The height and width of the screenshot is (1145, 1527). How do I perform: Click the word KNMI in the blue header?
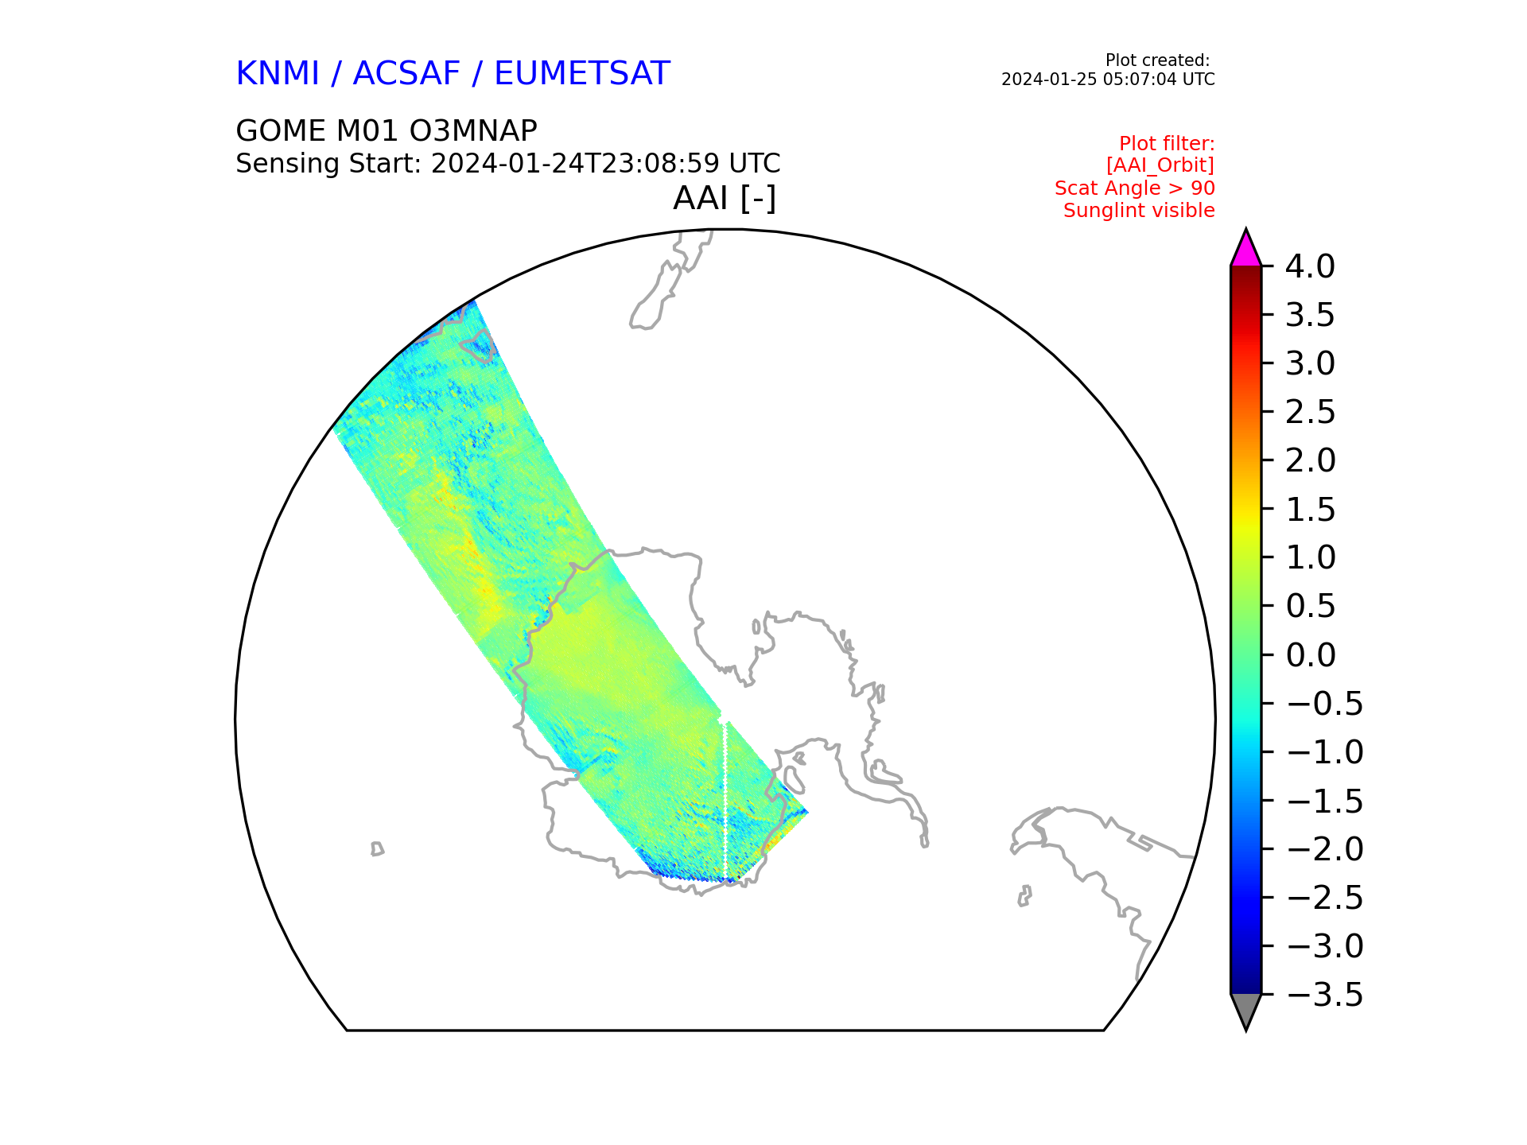point(278,74)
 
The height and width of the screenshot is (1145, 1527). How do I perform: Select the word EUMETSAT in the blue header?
point(582,74)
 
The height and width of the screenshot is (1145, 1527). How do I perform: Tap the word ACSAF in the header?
point(406,74)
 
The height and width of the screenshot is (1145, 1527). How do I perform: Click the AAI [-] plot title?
point(725,198)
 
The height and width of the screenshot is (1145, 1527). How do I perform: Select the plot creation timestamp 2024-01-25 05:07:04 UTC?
point(1108,80)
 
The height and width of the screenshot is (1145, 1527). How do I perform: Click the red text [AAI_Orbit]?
point(1160,165)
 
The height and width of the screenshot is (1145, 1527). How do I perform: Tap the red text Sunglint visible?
point(1139,211)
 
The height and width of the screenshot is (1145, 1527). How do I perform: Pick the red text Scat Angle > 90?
point(1135,188)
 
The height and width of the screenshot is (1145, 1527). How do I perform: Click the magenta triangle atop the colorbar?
point(1245,250)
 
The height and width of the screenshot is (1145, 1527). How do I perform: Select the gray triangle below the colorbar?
point(1245,1011)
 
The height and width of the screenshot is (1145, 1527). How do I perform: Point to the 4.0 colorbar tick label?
point(1311,266)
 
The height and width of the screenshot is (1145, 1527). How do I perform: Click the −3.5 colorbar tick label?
point(1324,995)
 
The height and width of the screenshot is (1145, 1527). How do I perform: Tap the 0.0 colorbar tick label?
point(1311,655)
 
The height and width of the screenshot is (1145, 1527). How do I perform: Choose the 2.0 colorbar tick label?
point(1311,460)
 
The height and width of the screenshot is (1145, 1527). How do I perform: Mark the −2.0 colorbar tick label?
point(1324,849)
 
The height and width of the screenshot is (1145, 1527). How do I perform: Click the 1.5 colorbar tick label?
point(1311,510)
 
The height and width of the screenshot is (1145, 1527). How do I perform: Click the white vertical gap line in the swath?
point(725,801)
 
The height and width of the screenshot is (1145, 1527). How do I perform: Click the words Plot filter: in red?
point(1167,144)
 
